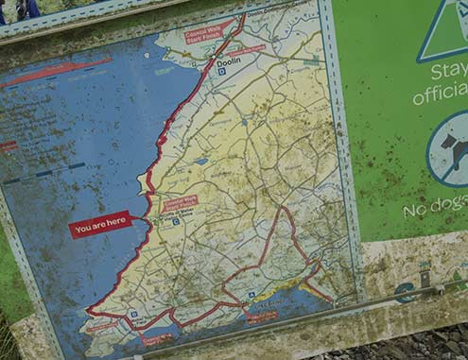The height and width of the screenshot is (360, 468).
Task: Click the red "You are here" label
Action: click(99, 225)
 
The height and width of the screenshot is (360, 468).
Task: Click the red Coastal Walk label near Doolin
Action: click(209, 33)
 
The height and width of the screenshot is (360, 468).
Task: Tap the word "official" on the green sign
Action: click(441, 95)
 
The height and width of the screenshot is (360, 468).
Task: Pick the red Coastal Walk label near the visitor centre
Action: click(180, 204)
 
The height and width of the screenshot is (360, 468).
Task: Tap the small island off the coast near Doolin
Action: click(147, 55)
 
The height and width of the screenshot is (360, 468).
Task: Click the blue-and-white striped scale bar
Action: click(43, 175)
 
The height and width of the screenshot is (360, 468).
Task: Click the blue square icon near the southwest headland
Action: click(134, 314)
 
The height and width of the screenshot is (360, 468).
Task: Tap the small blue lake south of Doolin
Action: click(201, 162)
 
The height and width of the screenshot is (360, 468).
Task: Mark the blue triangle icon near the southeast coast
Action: click(251, 295)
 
